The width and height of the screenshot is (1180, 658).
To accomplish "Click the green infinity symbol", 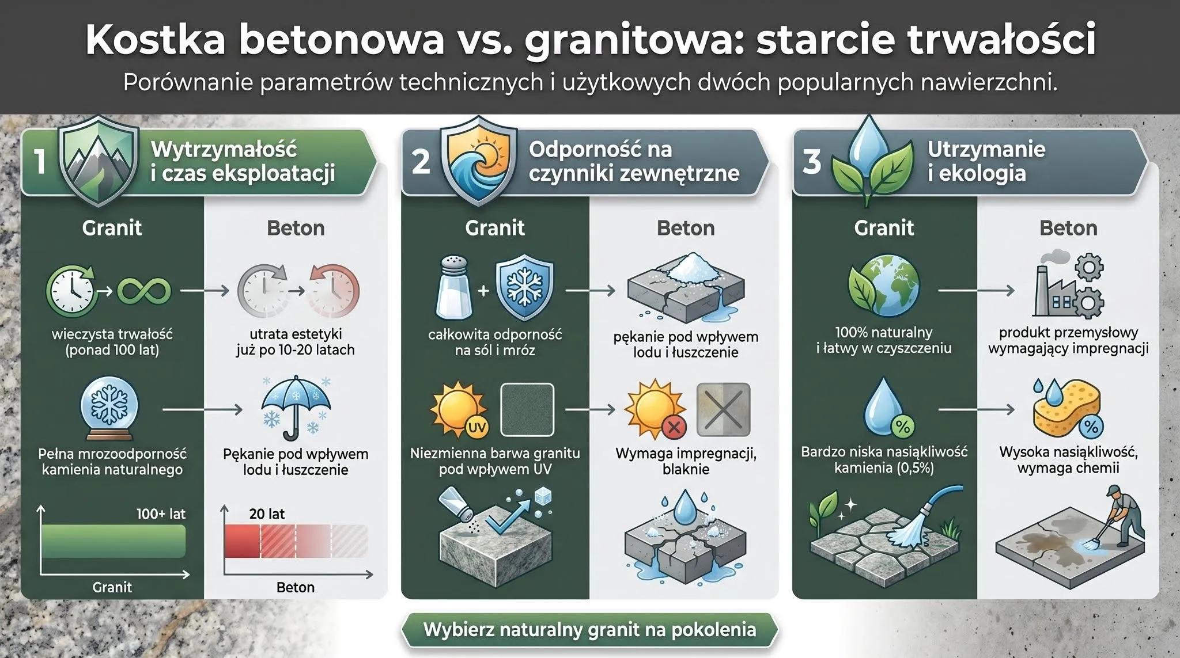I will [x=144, y=291].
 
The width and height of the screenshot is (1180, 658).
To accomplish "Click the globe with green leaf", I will [x=884, y=286].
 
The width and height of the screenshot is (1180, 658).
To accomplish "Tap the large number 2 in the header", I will [x=421, y=162].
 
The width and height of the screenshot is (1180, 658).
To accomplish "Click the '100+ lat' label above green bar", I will [x=161, y=514].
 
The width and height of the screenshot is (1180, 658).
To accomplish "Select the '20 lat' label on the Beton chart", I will [x=267, y=514].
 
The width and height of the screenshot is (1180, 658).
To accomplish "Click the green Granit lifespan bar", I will [x=114, y=541].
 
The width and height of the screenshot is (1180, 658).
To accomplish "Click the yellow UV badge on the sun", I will [x=476, y=427].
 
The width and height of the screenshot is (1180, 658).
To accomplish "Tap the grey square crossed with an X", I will [x=724, y=409].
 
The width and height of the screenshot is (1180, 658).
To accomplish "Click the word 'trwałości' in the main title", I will [x=1001, y=39].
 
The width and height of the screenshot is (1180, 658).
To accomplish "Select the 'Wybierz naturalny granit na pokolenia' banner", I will [x=589, y=629].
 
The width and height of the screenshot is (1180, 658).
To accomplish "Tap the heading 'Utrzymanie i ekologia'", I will [x=986, y=161].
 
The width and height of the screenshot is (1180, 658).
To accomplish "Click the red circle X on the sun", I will [x=674, y=427].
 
